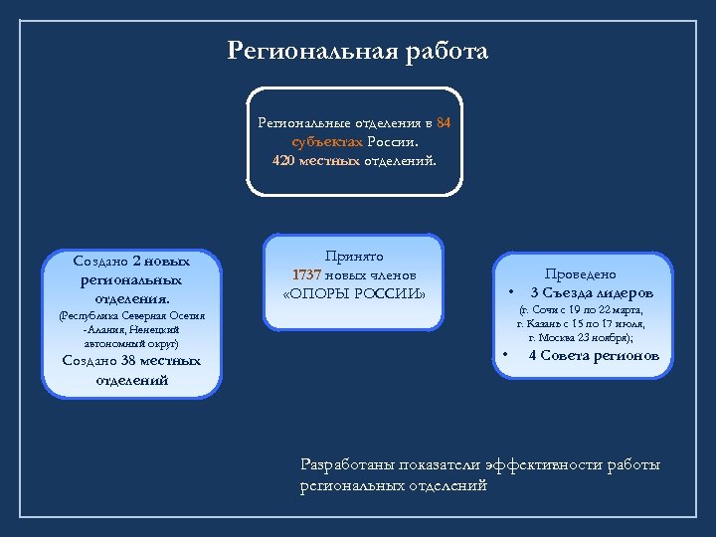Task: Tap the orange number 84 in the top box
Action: point(444,123)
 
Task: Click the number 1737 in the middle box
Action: point(307,274)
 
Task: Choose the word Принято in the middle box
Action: point(353,256)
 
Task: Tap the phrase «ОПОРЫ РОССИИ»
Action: point(354,293)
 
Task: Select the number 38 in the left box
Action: point(127,361)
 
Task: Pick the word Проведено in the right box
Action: point(580,273)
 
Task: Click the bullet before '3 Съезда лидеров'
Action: point(510,293)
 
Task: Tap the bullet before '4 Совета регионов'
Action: point(506,355)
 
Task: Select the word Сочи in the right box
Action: point(552,310)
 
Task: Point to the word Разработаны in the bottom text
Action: point(350,464)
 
